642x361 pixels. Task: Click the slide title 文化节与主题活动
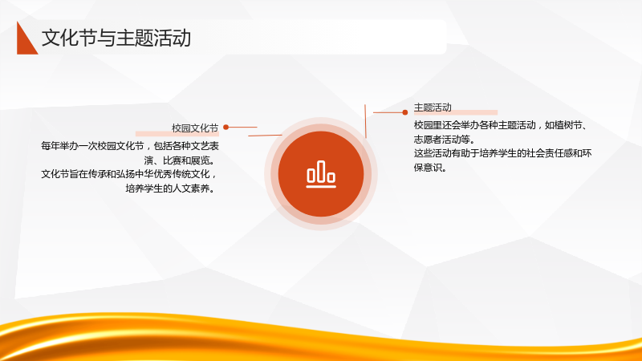click(116, 38)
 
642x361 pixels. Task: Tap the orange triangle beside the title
click(26, 40)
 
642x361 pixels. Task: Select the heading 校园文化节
click(195, 128)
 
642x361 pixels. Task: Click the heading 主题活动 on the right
click(433, 107)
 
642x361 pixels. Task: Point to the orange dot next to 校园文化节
click(226, 128)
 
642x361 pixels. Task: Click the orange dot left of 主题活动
click(405, 112)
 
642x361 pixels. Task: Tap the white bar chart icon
click(321, 174)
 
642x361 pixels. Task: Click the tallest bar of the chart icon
click(321, 171)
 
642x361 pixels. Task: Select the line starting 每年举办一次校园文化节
click(130, 146)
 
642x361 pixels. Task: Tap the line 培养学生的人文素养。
click(170, 189)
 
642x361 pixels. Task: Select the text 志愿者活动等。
click(445, 140)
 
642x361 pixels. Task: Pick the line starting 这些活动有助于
click(503, 153)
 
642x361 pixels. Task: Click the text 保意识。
click(430, 168)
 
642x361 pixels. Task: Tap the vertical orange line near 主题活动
click(365, 121)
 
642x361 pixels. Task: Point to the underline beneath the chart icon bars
click(321, 187)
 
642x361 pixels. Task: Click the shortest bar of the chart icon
click(331, 176)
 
